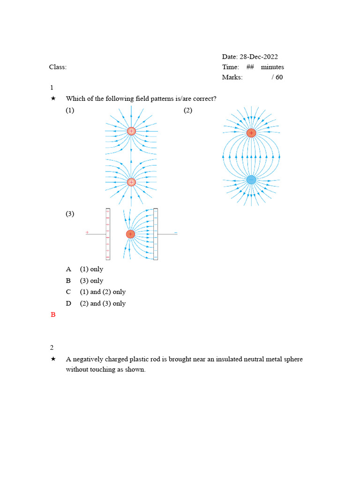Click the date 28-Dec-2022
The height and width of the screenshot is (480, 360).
[259, 57]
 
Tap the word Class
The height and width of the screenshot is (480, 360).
[57, 67]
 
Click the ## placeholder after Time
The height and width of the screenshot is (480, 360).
[250, 67]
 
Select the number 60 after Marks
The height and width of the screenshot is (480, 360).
[279, 77]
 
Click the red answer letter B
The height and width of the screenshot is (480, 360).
[53, 315]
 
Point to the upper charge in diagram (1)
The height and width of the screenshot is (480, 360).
[131, 131]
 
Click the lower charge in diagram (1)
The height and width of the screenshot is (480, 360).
[131, 182]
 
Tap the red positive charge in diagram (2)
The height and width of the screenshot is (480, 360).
[251, 133]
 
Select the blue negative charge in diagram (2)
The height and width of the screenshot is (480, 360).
[251, 180]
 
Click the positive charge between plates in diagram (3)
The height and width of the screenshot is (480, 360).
[130, 234]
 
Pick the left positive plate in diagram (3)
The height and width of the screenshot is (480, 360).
[108, 234]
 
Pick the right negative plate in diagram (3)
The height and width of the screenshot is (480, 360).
[156, 234]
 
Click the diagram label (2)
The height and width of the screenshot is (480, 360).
[188, 111]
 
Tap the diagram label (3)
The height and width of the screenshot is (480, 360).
[70, 214]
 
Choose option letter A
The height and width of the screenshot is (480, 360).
[68, 269]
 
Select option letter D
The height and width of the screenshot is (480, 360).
[68, 303]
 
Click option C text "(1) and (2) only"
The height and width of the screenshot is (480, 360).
[103, 292]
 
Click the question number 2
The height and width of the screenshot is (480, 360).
[52, 348]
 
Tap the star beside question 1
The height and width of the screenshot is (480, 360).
[53, 98]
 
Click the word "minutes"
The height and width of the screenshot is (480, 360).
[272, 67]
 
